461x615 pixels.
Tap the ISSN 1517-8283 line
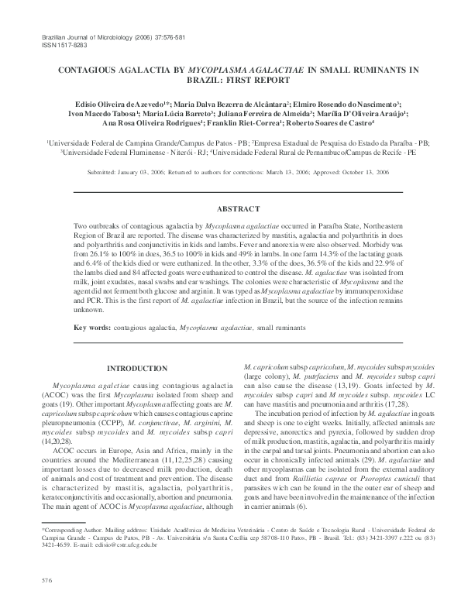pyautogui.click(x=55, y=44)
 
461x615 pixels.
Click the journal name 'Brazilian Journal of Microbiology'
pyautogui.click(x=85, y=36)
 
